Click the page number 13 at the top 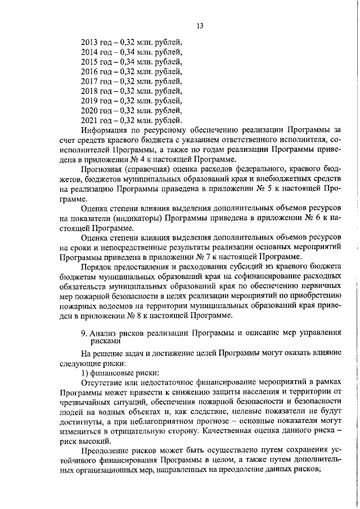click(200, 26)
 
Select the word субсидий click(232, 267)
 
